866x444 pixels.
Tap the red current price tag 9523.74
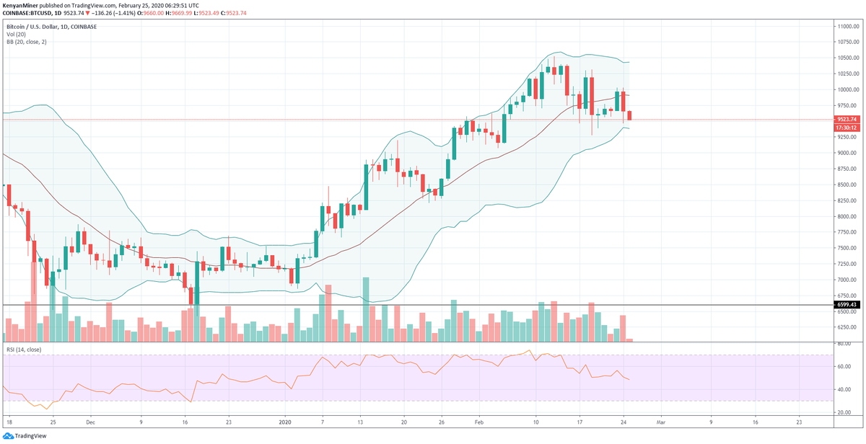(846, 119)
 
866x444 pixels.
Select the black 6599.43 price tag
(846, 305)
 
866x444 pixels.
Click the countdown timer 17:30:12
(846, 127)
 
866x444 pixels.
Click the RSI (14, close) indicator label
(24, 349)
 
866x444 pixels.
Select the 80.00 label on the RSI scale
(842, 344)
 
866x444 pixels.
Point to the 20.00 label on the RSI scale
(842, 412)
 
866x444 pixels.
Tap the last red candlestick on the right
(630, 115)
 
